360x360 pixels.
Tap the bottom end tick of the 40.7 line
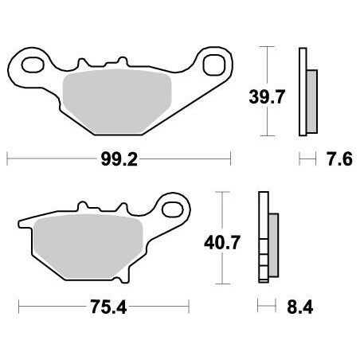pos(221,284)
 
